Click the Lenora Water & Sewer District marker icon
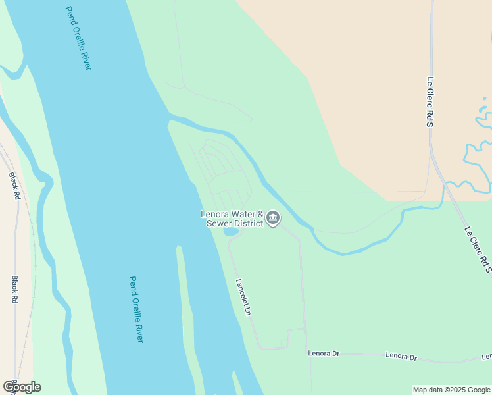[273, 219]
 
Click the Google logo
[22, 387]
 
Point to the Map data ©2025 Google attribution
[451, 390]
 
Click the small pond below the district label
[230, 232]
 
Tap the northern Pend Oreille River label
[78, 38]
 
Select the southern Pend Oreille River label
[136, 309]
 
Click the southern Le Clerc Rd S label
[478, 250]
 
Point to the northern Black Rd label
[14, 186]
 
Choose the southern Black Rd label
[14, 289]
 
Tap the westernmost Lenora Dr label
[324, 354]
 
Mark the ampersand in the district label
[260, 214]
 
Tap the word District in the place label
[247, 223]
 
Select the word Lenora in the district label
[214, 214]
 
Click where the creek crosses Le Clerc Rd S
[444, 184]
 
